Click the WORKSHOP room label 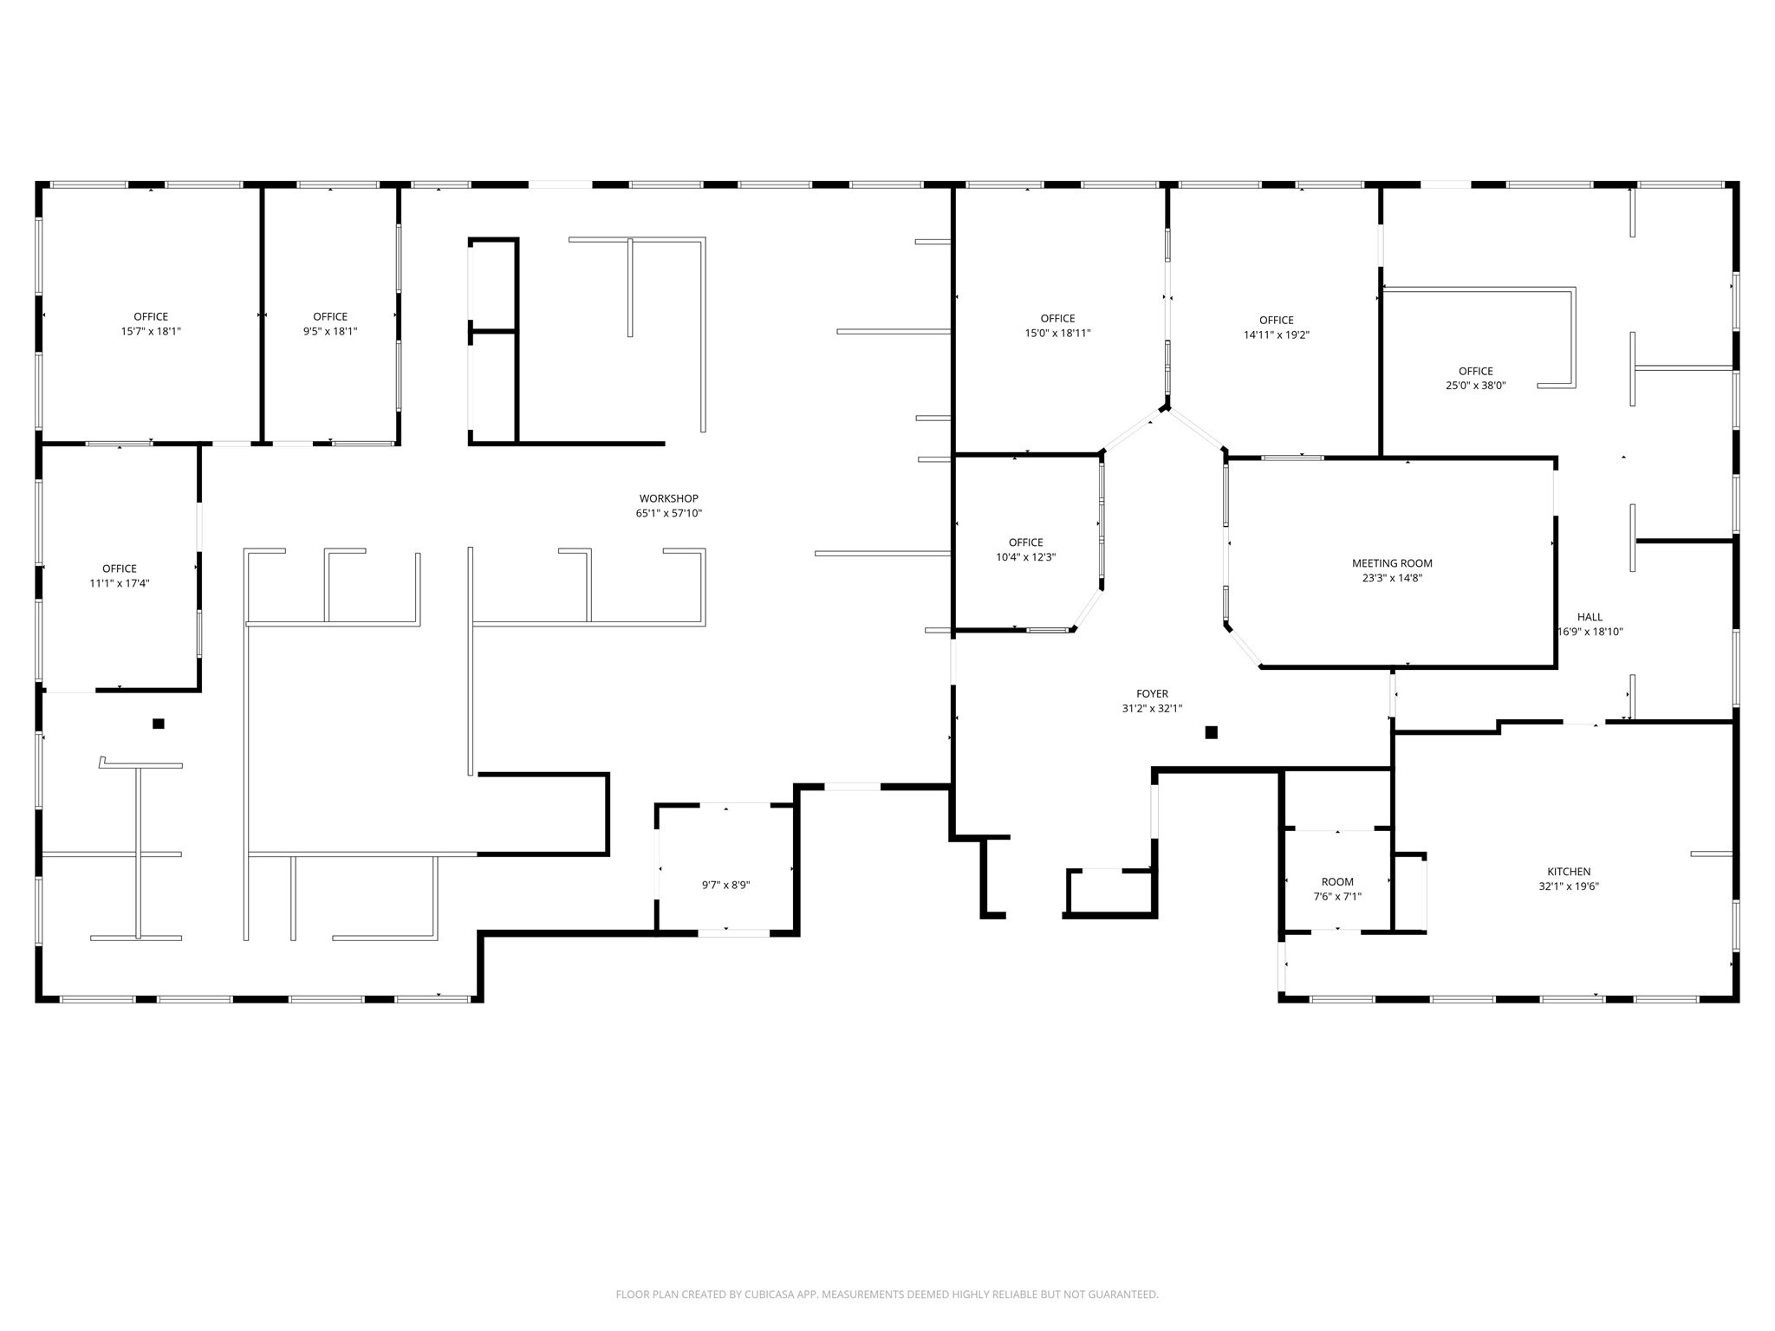tap(668, 498)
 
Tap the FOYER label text tap(1152, 693)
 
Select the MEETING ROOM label tap(1392, 563)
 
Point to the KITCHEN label tap(1569, 872)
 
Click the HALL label tap(1590, 617)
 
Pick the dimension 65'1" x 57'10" tap(668, 513)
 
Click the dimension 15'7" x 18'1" tap(151, 331)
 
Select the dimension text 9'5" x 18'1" tap(330, 331)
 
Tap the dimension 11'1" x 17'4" tap(120, 583)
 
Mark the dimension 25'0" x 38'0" tap(1475, 386)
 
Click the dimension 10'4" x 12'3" tap(1026, 557)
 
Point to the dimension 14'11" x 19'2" tap(1276, 334)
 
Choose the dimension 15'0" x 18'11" tap(1057, 333)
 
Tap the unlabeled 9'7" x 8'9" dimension tap(725, 885)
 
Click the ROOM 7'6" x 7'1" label tap(1337, 889)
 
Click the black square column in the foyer tap(1211, 732)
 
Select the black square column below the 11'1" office tap(158, 724)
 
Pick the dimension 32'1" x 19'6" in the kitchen tap(1569, 886)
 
